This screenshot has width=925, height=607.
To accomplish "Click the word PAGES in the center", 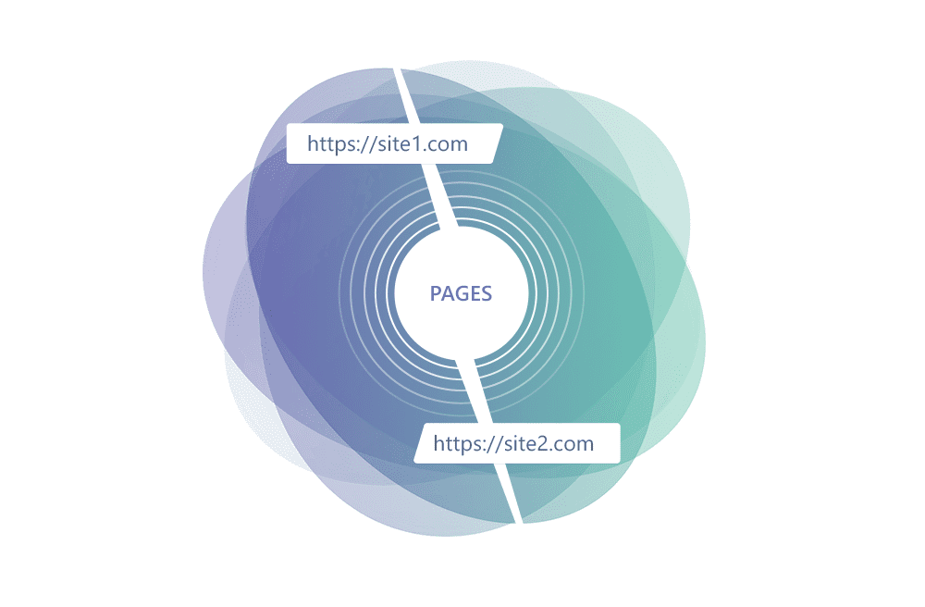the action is (461, 293).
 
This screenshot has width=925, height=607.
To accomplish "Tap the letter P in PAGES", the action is (436, 293).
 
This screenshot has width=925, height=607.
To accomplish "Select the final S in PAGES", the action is (487, 293).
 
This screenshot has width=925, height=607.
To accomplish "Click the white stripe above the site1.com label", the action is (406, 95).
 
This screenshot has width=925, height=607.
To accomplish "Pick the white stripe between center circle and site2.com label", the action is (474, 390).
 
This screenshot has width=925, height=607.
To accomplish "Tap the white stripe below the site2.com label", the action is (510, 493).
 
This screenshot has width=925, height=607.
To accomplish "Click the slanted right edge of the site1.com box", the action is (498, 143).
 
